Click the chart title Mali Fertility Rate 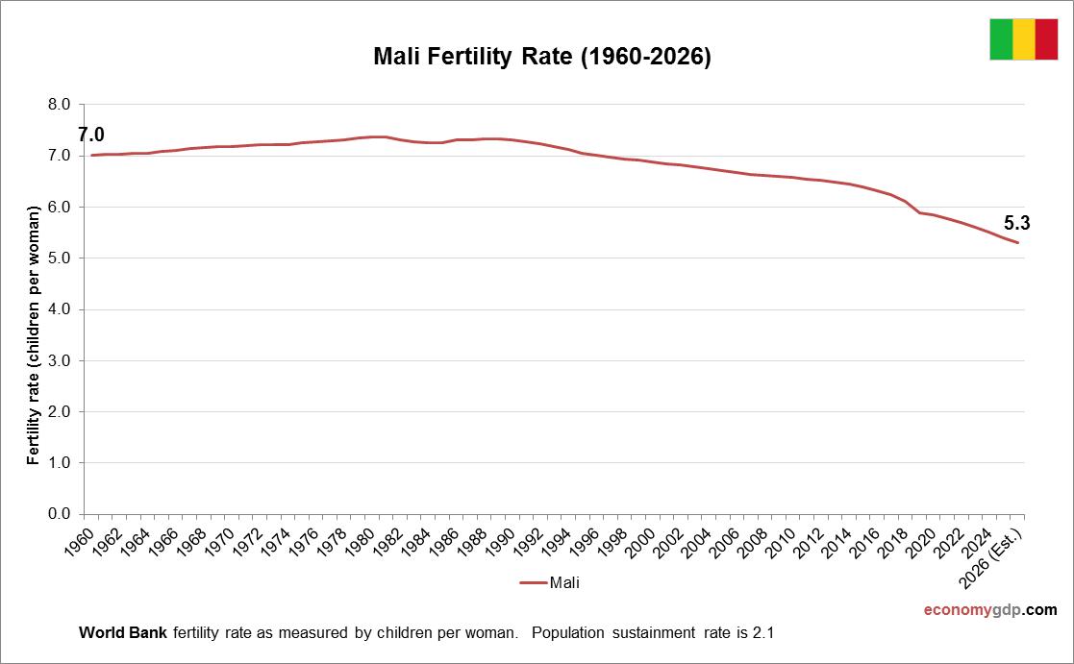click(541, 58)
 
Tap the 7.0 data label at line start click(91, 135)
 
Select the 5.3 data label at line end click(1017, 224)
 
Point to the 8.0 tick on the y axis click(60, 105)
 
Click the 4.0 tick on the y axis click(60, 309)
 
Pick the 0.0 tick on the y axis click(60, 514)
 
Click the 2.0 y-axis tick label click(60, 411)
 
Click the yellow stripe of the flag click(1023, 38)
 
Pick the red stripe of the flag click(1046, 38)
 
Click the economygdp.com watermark click(989, 610)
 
